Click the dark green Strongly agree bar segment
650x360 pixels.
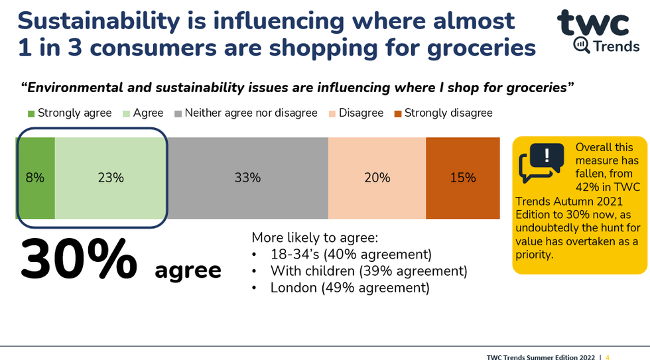pyautogui.click(x=35, y=178)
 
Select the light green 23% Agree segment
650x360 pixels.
pyautogui.click(x=110, y=178)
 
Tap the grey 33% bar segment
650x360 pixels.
pyautogui.click(x=247, y=178)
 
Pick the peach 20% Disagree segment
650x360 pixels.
pyautogui.click(x=377, y=178)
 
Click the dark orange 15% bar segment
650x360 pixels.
pyautogui.click(x=462, y=178)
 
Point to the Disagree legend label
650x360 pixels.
pyautogui.click(x=361, y=113)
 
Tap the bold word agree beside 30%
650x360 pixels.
pyautogui.click(x=188, y=270)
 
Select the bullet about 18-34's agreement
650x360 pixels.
pyautogui.click(x=350, y=254)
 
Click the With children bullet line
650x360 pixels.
pyautogui.click(x=368, y=271)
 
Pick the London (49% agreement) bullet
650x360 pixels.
pyautogui.click(x=350, y=288)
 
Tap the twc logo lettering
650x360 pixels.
pyautogui.click(x=592, y=24)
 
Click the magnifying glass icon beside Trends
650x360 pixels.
pyautogui.click(x=580, y=46)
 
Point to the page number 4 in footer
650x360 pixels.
pyautogui.click(x=607, y=357)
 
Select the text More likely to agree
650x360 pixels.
pyautogui.click(x=314, y=237)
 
